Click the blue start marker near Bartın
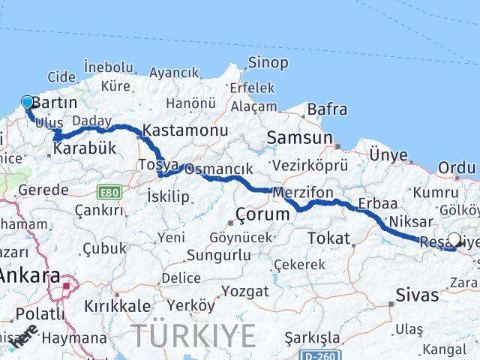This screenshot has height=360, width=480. coord(28,103)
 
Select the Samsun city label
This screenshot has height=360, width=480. coord(299,138)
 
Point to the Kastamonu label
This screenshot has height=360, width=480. coord(185,130)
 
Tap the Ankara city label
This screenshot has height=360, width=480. coord(28,275)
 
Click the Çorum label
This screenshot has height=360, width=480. coord(262,214)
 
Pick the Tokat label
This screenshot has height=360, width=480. coord(328,238)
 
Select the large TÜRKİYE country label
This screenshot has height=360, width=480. coord(193,335)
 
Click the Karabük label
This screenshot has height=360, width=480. coord(85,148)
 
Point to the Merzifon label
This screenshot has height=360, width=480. coord(304,193)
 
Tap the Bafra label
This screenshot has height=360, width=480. coord(328,109)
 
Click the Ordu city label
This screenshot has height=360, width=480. coord(457,167)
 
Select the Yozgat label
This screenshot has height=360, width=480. coord(246,291)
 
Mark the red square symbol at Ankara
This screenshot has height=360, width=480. coord(67,285)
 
